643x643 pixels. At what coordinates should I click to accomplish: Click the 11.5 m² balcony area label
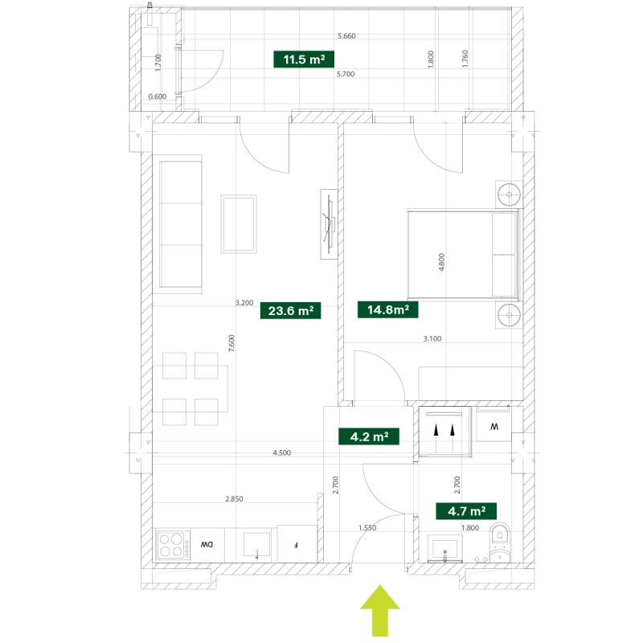click(304, 59)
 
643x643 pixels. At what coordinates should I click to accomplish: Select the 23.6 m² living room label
click(291, 310)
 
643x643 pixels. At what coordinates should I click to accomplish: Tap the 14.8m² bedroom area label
click(388, 309)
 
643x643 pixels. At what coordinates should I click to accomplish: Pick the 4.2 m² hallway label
click(369, 436)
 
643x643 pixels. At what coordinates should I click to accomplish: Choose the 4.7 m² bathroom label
click(466, 511)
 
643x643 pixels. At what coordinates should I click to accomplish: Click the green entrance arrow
click(380, 611)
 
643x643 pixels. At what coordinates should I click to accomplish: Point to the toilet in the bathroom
click(499, 542)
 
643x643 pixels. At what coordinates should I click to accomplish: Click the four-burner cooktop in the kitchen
click(173, 545)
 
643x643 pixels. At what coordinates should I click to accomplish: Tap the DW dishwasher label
click(207, 545)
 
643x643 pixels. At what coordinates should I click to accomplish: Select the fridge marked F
click(297, 544)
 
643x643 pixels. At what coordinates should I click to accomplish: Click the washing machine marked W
click(494, 425)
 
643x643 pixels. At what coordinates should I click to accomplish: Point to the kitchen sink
click(256, 545)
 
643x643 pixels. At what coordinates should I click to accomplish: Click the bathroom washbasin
click(445, 549)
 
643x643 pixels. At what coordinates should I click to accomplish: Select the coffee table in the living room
click(239, 224)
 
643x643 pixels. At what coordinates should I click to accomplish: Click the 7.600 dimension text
click(231, 343)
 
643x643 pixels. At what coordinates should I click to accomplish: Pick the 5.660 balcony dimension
click(346, 36)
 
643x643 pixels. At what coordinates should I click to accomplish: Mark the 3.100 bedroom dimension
click(432, 338)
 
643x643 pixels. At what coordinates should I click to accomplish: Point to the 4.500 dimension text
click(282, 453)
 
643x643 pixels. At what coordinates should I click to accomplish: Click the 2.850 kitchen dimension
click(234, 498)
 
